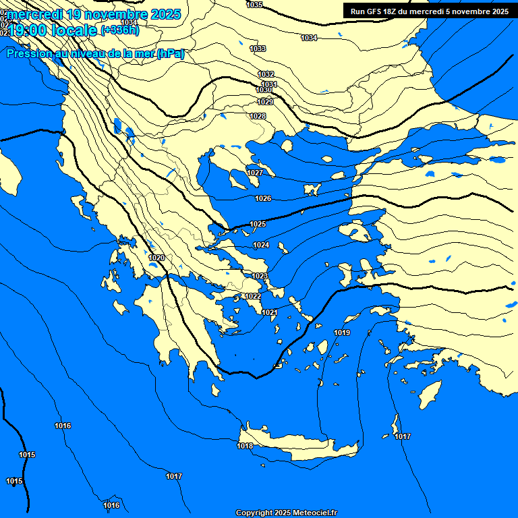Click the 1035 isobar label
pos(255,5)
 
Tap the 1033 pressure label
pos(258,49)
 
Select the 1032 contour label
pos(266,74)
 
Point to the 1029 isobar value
pos(265,102)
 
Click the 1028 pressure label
pos(258,117)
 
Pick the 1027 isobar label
pos(255,173)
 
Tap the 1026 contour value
pos(263,199)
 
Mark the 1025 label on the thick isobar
pos(258,224)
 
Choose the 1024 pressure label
pos(261,245)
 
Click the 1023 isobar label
pos(260,277)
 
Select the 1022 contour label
pos(253,297)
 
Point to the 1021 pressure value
pos(270,312)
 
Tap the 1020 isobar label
pos(156,258)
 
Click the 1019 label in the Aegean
pos(342,333)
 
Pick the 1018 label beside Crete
pos(245,447)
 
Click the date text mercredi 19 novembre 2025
pos(93,14)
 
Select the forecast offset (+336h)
pos(121,30)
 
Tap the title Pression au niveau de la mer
pos(95,54)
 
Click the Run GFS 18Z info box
pos(430,11)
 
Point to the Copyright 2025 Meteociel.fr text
pos(286,513)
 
